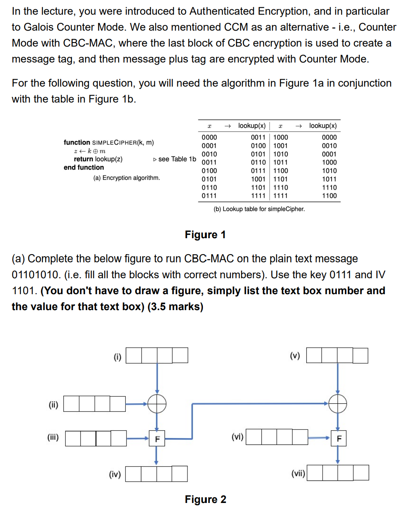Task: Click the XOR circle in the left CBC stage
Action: click(157, 404)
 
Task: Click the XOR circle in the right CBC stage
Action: click(338, 404)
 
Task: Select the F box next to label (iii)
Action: click(157, 439)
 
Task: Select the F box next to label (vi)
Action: click(339, 438)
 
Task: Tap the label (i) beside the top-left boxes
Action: click(118, 357)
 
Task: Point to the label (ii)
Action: click(53, 404)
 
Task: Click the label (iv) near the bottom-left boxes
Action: click(115, 474)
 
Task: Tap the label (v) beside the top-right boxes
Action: click(295, 355)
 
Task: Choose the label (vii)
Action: click(298, 473)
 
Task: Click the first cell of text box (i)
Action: click(134, 355)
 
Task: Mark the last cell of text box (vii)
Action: click(361, 473)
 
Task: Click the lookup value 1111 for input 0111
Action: click(258, 196)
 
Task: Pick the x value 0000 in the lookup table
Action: click(209, 137)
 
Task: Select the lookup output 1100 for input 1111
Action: click(329, 196)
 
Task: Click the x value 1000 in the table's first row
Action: click(281, 137)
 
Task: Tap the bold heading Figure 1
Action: click(205, 235)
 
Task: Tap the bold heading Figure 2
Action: click(205, 499)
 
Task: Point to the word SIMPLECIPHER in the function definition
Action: click(114, 143)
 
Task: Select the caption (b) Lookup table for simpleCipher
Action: click(259, 209)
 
